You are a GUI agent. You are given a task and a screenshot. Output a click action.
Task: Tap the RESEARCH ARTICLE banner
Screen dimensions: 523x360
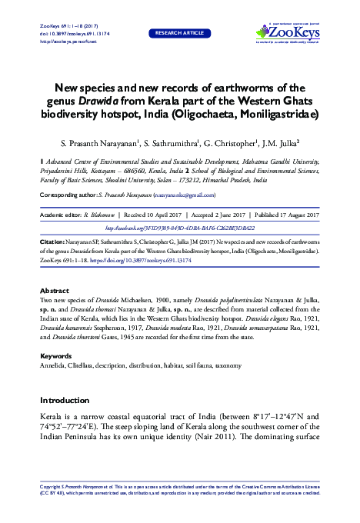[x=180, y=34]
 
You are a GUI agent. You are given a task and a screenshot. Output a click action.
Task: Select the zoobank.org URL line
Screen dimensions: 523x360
[x=179, y=228]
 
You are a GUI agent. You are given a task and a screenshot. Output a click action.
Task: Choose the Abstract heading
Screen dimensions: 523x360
[x=54, y=291]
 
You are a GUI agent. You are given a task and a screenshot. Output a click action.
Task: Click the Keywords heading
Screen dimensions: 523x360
[x=55, y=357]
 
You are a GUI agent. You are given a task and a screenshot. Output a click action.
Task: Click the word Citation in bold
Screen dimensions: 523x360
[x=54, y=242]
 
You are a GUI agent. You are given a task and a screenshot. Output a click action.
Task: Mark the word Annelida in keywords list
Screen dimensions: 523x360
[x=55, y=366]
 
